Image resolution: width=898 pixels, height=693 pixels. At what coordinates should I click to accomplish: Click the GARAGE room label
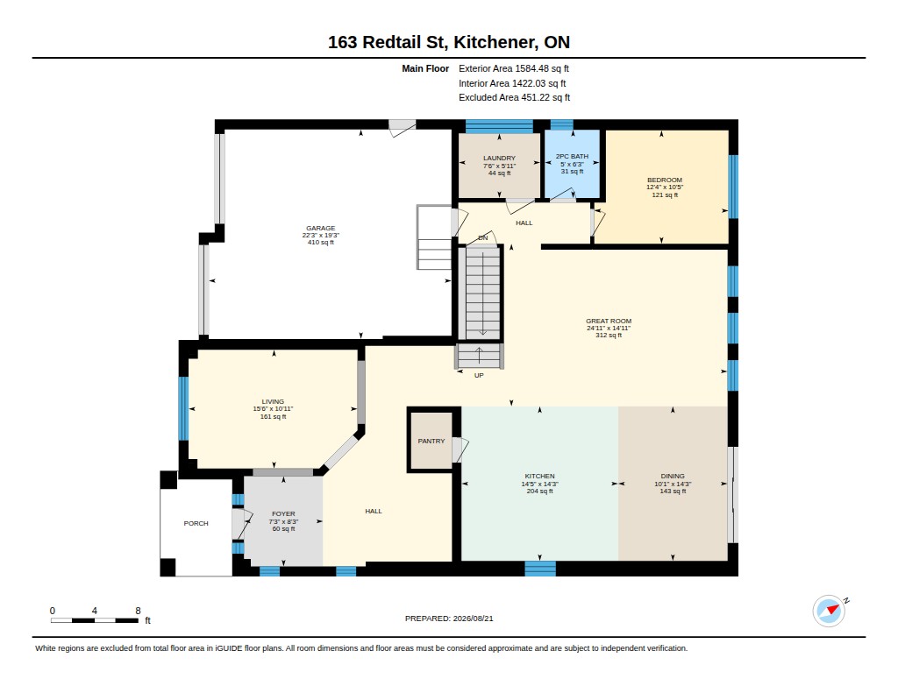coord(320,228)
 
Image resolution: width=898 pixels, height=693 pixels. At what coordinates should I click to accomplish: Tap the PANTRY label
coord(431,442)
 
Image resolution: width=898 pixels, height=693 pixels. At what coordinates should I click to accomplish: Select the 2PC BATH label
coord(572,156)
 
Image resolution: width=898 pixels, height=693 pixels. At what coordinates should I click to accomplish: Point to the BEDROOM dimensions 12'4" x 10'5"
coord(665,187)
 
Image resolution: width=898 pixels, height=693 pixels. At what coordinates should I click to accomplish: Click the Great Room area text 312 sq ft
coord(609,336)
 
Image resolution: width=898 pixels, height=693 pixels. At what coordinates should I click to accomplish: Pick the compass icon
coord(830,612)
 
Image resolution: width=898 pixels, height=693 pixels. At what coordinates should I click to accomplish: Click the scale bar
coord(95,620)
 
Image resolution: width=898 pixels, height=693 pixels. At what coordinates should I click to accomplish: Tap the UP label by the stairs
coord(479,375)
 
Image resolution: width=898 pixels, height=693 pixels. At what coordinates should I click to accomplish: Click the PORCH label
coord(196,524)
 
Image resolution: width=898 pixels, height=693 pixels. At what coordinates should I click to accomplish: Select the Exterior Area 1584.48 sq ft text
coord(514,68)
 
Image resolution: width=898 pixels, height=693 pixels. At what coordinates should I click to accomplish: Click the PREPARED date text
coord(449,619)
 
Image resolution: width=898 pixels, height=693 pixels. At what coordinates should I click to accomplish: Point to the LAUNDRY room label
coord(499,158)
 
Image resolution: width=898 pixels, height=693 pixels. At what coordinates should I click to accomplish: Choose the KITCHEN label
coord(539,476)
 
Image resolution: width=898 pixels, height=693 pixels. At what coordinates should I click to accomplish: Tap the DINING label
coord(673,476)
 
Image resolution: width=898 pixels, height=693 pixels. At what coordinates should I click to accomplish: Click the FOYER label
coord(283,514)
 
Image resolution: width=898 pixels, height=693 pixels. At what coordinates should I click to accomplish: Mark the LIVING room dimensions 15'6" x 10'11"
coord(273,409)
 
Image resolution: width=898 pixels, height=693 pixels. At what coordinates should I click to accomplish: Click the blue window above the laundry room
coord(499,126)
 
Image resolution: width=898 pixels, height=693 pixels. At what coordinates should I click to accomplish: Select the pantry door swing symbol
coord(460,449)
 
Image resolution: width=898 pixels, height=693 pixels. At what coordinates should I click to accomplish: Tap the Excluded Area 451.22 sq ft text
coord(514,98)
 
